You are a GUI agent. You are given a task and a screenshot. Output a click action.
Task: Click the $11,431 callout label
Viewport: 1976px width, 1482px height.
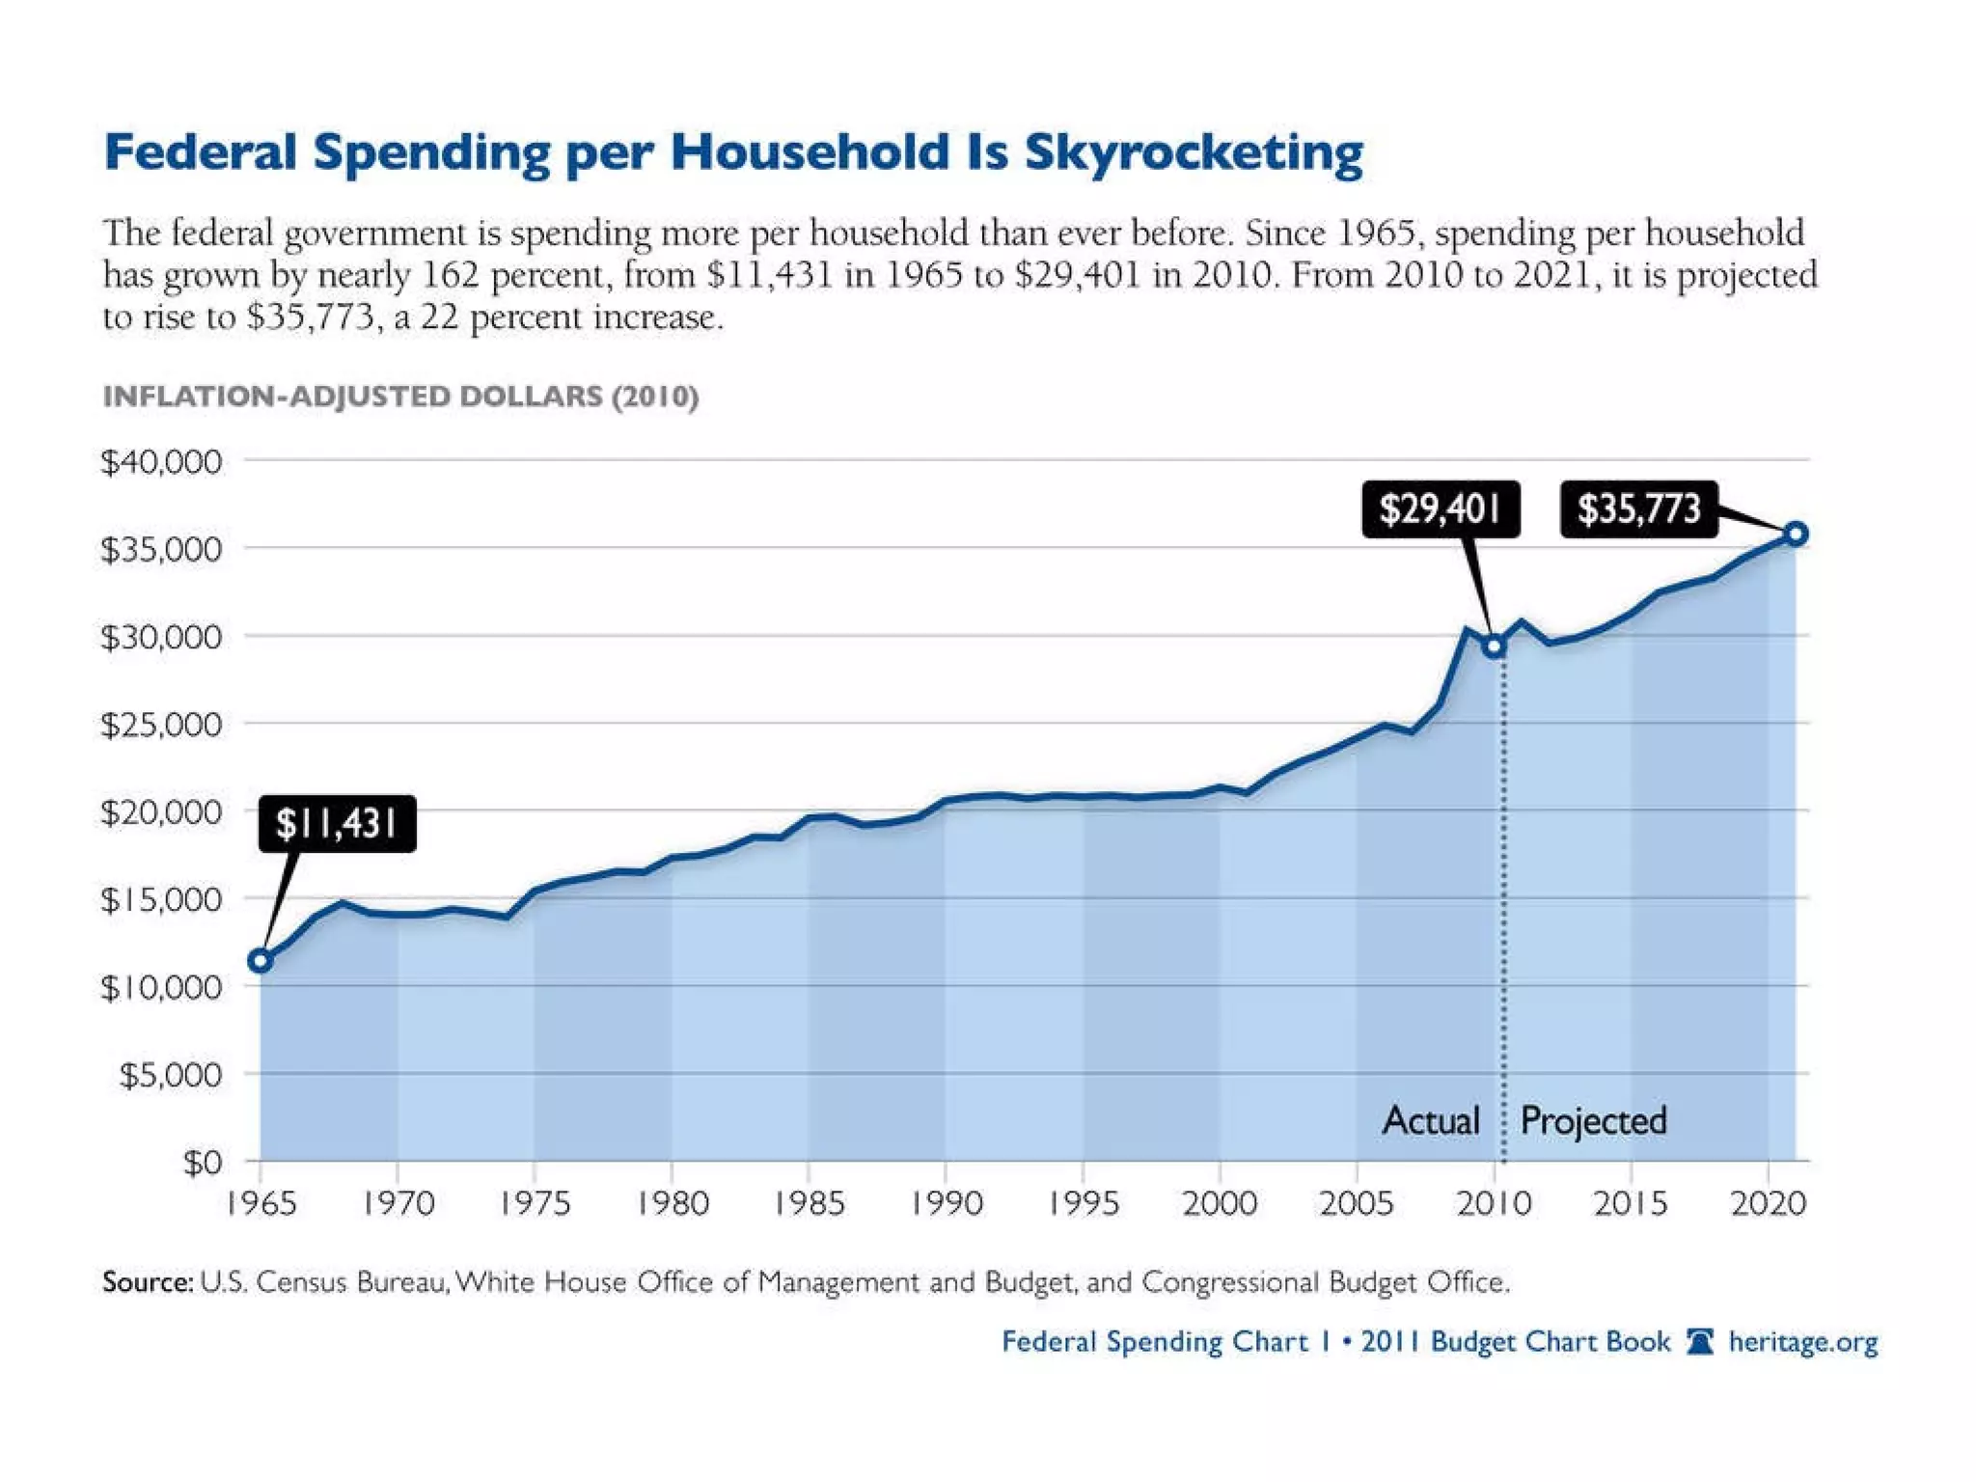coord(337,824)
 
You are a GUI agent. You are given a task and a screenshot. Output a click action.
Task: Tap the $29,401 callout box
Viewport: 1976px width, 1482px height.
coord(1440,508)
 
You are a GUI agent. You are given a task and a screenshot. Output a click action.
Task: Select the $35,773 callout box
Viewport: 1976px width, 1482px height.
coord(1638,508)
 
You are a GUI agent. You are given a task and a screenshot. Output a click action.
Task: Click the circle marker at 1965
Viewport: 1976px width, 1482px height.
coord(260,960)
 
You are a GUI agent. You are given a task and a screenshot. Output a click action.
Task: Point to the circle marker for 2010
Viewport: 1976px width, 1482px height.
coord(1494,646)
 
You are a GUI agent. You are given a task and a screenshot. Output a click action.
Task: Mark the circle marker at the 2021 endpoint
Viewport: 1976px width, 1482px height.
coord(1795,534)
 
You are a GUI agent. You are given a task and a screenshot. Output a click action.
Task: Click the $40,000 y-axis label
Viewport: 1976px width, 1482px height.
coord(161,462)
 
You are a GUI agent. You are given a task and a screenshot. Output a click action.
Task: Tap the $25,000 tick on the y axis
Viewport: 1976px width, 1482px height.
coord(161,725)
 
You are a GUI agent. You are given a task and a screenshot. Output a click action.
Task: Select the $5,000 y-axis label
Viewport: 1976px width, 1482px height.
coord(170,1075)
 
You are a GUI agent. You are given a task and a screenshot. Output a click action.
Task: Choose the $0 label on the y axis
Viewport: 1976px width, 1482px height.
coord(203,1163)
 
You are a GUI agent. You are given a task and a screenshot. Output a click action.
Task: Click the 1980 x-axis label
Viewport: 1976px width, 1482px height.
coord(672,1203)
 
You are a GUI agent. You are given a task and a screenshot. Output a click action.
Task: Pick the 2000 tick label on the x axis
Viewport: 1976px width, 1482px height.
coord(1220,1203)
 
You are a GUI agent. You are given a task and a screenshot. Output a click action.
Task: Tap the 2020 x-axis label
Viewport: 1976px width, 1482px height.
coord(1768,1203)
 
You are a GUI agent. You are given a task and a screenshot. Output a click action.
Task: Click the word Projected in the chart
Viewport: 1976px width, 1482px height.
coord(1593,1120)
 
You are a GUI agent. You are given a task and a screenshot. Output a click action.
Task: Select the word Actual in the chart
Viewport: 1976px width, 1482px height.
coord(1431,1120)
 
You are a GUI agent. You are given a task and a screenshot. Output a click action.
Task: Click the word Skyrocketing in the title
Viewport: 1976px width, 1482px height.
coord(1194,152)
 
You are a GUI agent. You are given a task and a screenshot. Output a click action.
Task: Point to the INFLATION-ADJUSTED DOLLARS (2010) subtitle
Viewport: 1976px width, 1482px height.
coord(400,397)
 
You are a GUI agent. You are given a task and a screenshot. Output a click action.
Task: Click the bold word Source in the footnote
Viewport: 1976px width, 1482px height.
coord(147,1281)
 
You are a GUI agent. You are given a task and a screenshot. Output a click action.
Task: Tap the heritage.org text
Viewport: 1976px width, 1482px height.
coord(1802,1342)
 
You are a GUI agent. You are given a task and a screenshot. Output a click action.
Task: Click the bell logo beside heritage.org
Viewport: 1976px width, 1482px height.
coord(1700,1342)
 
